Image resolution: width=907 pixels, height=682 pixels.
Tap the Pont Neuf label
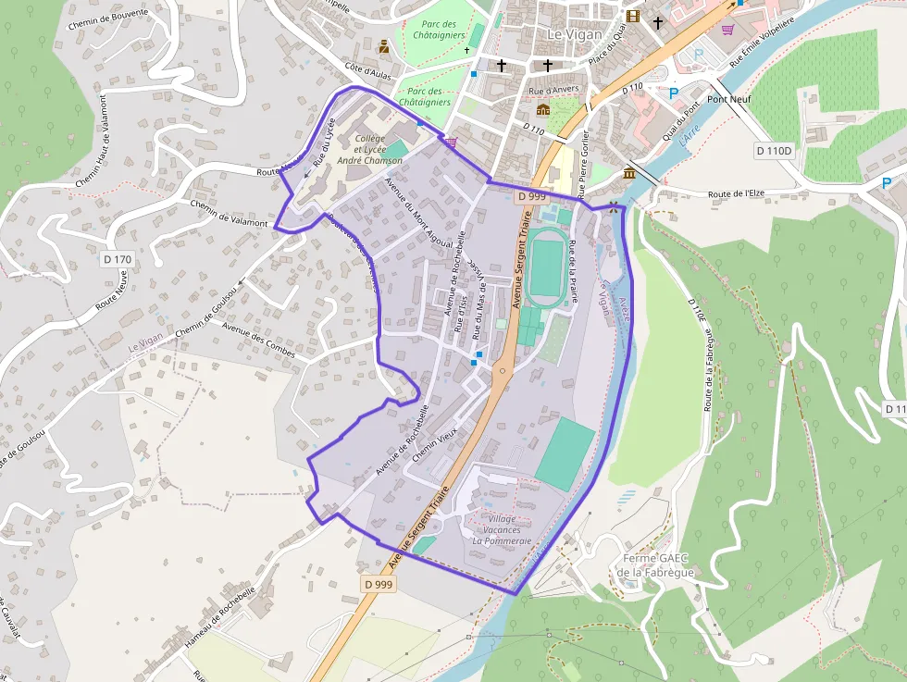coord(729,99)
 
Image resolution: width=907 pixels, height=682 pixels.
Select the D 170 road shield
coord(118,260)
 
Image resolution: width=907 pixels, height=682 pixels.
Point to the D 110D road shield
coord(774,150)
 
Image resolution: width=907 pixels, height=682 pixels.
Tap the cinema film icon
coord(633,16)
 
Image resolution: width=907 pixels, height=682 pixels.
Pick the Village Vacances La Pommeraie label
coord(502,529)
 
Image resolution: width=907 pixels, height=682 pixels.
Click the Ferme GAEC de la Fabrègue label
coord(657,565)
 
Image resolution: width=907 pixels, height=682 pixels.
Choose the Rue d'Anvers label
coord(553,90)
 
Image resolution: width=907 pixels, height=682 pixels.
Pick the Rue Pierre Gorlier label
coord(584,158)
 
